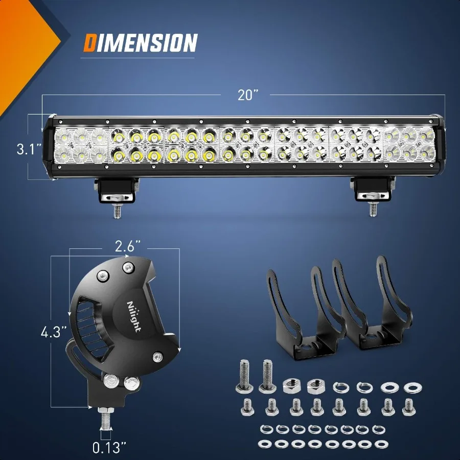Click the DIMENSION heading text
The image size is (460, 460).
pos(140,43)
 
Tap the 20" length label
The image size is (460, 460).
pos(248,96)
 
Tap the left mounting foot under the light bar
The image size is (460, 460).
pos(116,190)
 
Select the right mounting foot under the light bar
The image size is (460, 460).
pos(372,190)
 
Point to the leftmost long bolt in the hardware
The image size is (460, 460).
pos(244,374)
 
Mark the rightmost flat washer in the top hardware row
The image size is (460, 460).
pos(411,387)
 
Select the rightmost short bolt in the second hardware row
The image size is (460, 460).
pos(407,406)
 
